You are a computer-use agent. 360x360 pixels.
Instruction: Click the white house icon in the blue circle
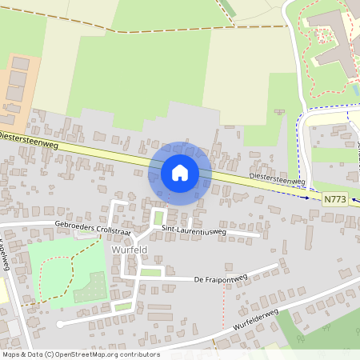180,173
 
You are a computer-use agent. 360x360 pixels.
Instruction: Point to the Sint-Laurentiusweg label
194,231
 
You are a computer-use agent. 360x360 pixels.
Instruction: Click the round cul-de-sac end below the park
59,324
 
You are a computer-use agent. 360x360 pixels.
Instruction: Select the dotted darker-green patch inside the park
89,288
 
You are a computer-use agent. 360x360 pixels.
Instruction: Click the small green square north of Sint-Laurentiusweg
158,217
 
